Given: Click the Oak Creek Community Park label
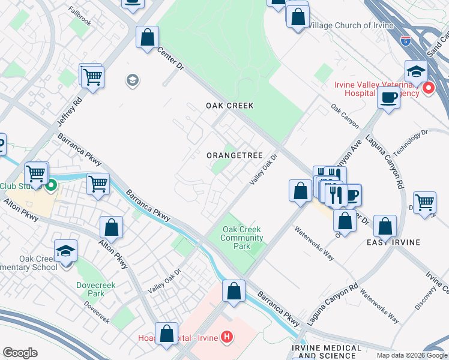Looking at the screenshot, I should (242, 238).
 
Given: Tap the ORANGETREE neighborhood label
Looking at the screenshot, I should (234, 155).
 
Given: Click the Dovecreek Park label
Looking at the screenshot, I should (91, 290).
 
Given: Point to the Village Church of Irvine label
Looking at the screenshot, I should (351, 26).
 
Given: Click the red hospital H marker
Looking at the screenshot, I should (226, 337).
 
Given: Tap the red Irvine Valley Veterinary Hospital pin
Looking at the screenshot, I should (428, 89).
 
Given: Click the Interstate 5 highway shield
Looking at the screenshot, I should (406, 41).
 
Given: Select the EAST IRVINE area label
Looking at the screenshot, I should (393, 242).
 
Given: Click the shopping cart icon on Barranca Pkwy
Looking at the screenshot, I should (98, 184).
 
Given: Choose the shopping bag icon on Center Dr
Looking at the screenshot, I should (147, 38).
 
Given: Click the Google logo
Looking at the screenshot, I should (20, 353).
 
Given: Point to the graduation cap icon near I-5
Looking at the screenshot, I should (416, 71).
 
